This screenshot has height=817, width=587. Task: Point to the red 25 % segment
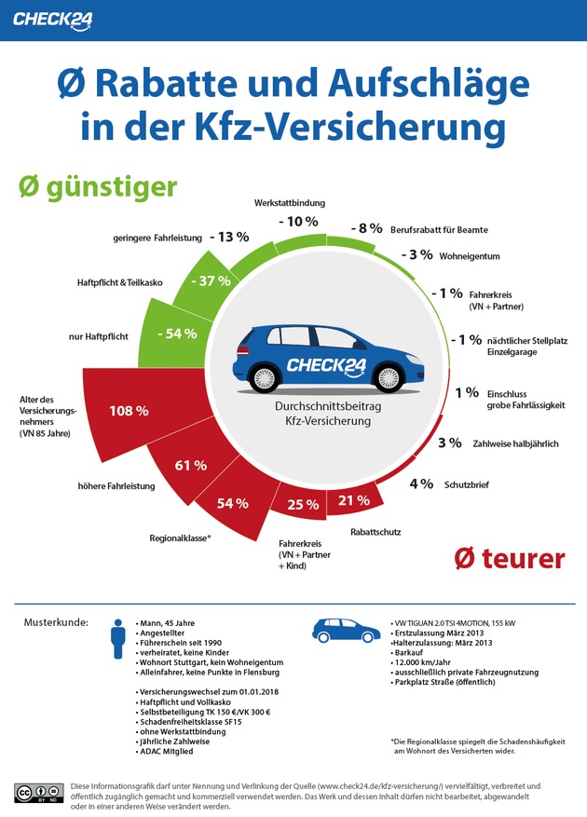(x=299, y=505)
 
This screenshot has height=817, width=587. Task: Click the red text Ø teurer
(x=509, y=558)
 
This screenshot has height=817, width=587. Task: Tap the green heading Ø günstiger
(x=98, y=186)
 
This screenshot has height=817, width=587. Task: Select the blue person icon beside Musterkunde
(x=117, y=642)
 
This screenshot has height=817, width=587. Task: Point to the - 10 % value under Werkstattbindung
(x=298, y=222)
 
